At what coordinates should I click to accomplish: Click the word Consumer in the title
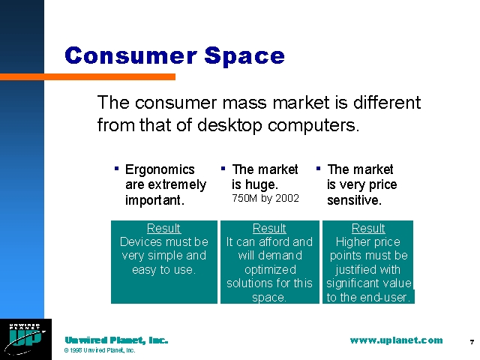[131, 55]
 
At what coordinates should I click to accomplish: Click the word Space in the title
[244, 57]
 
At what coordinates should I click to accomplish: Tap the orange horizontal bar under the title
[88, 76]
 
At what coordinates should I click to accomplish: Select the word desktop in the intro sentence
[229, 125]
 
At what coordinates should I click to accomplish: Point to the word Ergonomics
[160, 169]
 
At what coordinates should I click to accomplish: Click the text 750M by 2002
[265, 198]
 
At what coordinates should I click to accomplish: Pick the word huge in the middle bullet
[260, 185]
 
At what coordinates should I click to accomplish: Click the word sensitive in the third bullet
[354, 200]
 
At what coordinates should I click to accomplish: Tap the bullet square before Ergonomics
[116, 168]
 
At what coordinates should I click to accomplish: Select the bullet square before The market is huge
[223, 168]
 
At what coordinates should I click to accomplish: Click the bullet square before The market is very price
[318, 168]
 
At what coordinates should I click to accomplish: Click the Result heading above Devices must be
[163, 228]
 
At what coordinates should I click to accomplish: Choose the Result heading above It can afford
[269, 228]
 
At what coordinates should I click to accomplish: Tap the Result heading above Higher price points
[368, 228]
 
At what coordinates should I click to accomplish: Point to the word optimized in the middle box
[270, 270]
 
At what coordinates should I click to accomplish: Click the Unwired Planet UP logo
[25, 339]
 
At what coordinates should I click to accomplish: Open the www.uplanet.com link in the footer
[396, 340]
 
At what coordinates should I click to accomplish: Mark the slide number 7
[472, 342]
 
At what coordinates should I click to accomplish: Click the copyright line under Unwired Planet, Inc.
[100, 350]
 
